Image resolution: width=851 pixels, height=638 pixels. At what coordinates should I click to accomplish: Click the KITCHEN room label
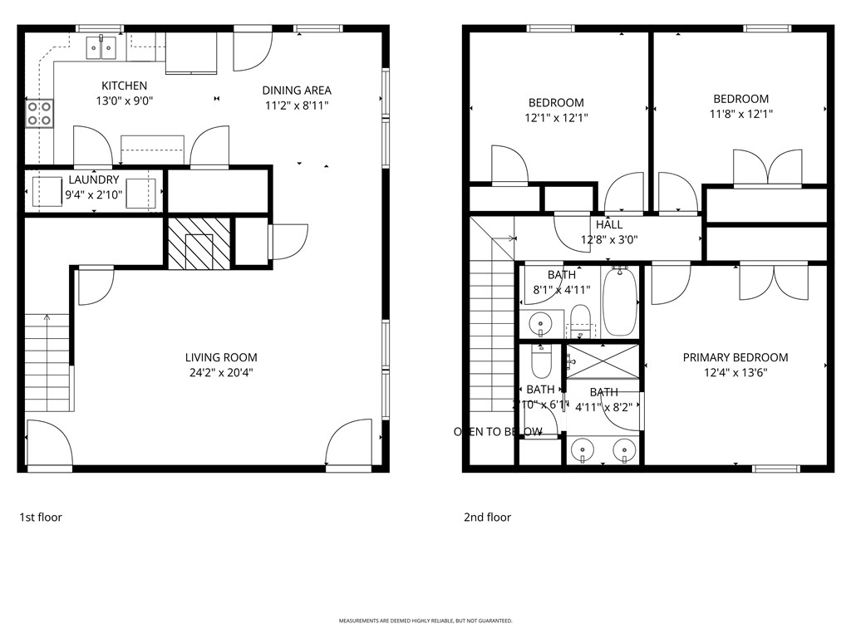coord(125,86)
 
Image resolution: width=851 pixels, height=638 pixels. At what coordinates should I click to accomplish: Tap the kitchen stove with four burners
coord(40,113)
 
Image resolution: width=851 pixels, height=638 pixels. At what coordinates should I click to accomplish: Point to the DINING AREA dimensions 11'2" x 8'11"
coord(297,106)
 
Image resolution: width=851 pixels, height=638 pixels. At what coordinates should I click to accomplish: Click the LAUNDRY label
coord(94,179)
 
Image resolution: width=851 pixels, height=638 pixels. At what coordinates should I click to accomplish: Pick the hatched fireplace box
coord(199,243)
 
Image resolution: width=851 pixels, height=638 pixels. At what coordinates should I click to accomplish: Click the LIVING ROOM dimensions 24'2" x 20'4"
coord(221,373)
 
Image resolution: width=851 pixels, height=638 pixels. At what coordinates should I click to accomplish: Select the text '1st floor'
coord(41,517)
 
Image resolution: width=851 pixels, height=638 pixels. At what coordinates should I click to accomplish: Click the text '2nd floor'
coord(487,517)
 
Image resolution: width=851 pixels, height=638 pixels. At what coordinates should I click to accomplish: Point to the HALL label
coord(608,224)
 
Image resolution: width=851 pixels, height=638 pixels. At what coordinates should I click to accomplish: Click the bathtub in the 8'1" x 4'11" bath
coord(619,301)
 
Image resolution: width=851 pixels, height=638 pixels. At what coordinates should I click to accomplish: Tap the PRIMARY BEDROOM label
coord(735,357)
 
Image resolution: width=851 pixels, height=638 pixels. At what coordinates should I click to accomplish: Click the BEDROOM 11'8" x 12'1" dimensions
coord(740,114)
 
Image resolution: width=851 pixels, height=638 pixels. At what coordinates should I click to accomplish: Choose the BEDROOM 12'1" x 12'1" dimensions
coord(556,118)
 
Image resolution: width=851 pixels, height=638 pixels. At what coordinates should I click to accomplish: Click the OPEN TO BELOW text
coord(498,431)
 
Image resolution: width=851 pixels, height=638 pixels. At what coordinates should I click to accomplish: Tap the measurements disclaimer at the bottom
coord(425,621)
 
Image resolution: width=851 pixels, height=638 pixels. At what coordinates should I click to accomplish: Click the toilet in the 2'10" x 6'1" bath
coord(540,362)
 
